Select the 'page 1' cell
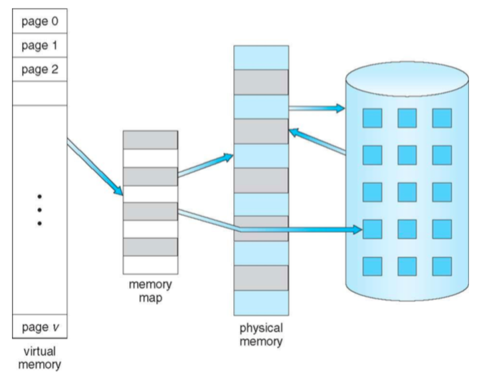pos(39,44)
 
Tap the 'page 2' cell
pos(39,69)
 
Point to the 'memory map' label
pos(149,290)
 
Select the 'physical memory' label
pos(261,335)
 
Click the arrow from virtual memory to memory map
pos(95,166)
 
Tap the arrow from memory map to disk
pos(266,224)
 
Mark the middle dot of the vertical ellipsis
pos(39,210)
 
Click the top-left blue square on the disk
pos(371,117)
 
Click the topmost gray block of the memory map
pos(150,139)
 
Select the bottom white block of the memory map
pos(150,264)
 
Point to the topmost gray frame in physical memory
pos(261,82)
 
